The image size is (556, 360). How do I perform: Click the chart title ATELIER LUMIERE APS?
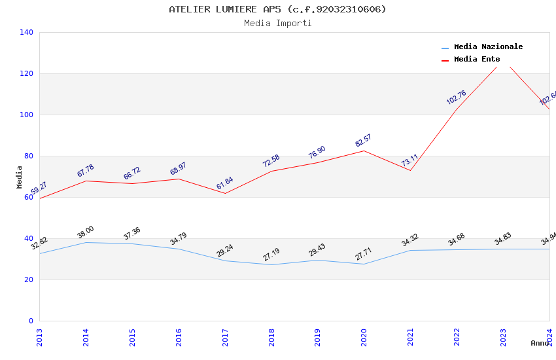click(x=277, y=9)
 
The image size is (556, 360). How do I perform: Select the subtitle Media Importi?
click(x=277, y=24)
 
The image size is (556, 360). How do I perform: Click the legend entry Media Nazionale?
click(x=488, y=47)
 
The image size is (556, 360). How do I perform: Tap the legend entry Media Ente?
click(x=477, y=60)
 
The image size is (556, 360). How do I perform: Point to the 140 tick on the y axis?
click(x=26, y=32)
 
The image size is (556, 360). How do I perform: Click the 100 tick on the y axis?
click(x=26, y=115)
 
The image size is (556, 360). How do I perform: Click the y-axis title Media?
click(x=19, y=177)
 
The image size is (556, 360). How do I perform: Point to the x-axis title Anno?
click(x=540, y=343)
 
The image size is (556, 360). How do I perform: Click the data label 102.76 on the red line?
click(x=456, y=98)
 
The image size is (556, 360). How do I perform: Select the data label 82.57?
click(x=363, y=141)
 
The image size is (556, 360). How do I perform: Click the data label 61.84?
click(x=224, y=183)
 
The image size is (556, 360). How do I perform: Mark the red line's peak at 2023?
click(x=503, y=63)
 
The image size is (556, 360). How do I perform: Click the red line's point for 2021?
click(x=410, y=170)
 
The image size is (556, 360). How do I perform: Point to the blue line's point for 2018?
click(x=271, y=264)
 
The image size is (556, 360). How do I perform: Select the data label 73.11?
click(x=409, y=160)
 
